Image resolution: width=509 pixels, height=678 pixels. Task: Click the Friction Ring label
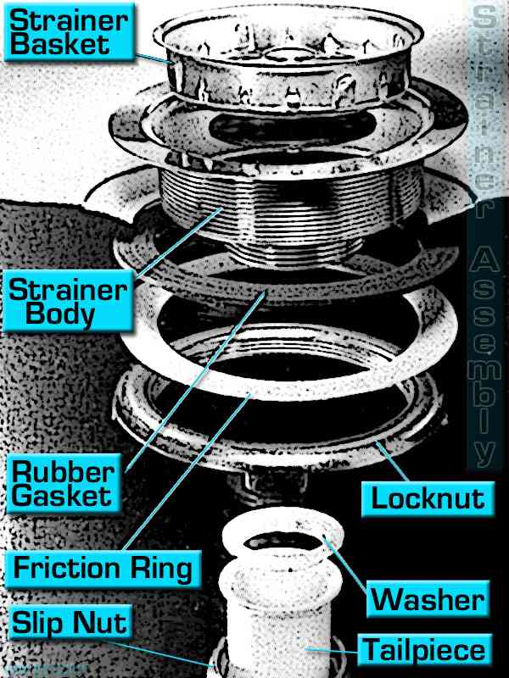(101, 567)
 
